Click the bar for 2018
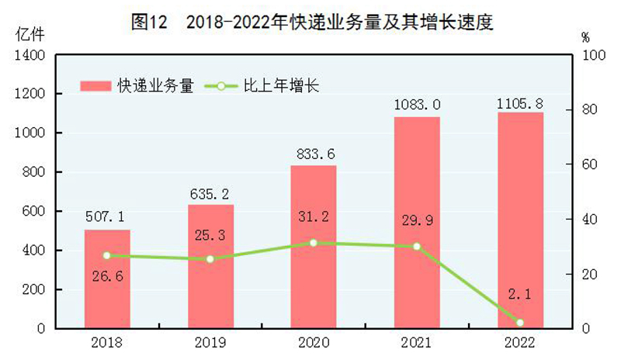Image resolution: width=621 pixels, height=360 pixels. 107,279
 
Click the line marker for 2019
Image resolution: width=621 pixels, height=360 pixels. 210,258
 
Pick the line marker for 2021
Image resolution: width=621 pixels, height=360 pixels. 417,246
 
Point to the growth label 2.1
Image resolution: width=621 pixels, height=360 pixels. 520,298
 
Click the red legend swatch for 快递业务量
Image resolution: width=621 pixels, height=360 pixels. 97,85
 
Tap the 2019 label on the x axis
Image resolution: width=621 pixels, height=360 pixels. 210,341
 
